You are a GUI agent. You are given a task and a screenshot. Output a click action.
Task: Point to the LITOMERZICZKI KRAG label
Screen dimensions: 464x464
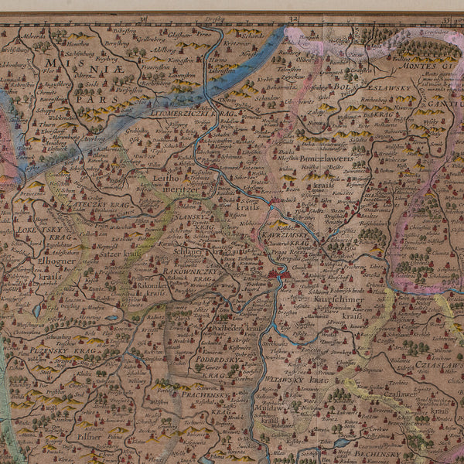189,113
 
